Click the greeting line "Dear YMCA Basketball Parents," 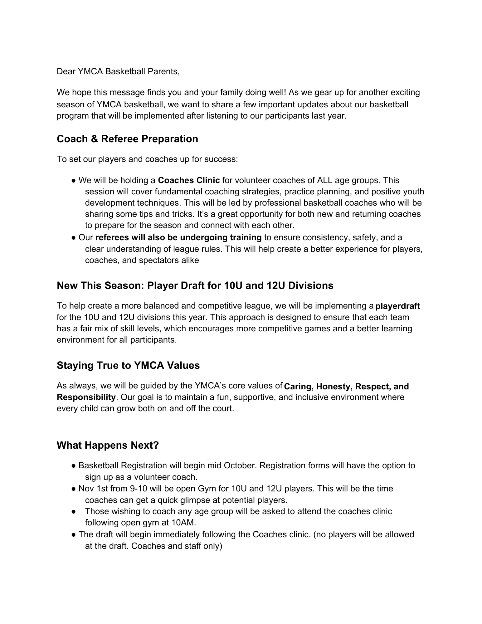coord(118,72)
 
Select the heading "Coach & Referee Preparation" coord(127,139)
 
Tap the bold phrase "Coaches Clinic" coord(189,180)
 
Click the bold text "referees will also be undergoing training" coord(178,237)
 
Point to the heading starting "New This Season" coord(195,285)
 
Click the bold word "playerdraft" coord(397,306)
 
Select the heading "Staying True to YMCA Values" coord(128,365)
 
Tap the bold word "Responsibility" coord(86,397)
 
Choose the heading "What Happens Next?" coord(108,445)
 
